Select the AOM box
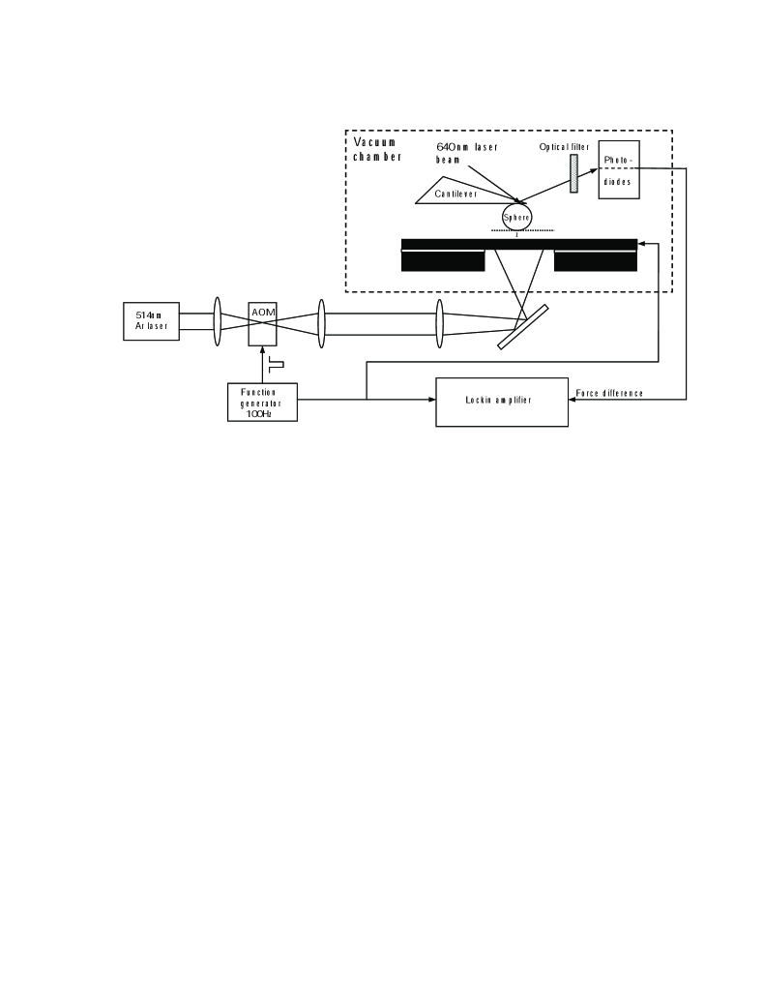[263, 320]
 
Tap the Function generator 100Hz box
[262, 402]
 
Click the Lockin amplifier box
[501, 400]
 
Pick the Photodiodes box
[619, 169]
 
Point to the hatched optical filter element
[573, 173]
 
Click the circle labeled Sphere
[515, 216]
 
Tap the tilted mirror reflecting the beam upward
[523, 327]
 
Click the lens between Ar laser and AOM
[218, 320]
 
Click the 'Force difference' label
[609, 394]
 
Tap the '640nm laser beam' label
[467, 152]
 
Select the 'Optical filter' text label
[564, 146]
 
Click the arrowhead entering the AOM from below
[263, 350]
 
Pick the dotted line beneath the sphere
[522, 231]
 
